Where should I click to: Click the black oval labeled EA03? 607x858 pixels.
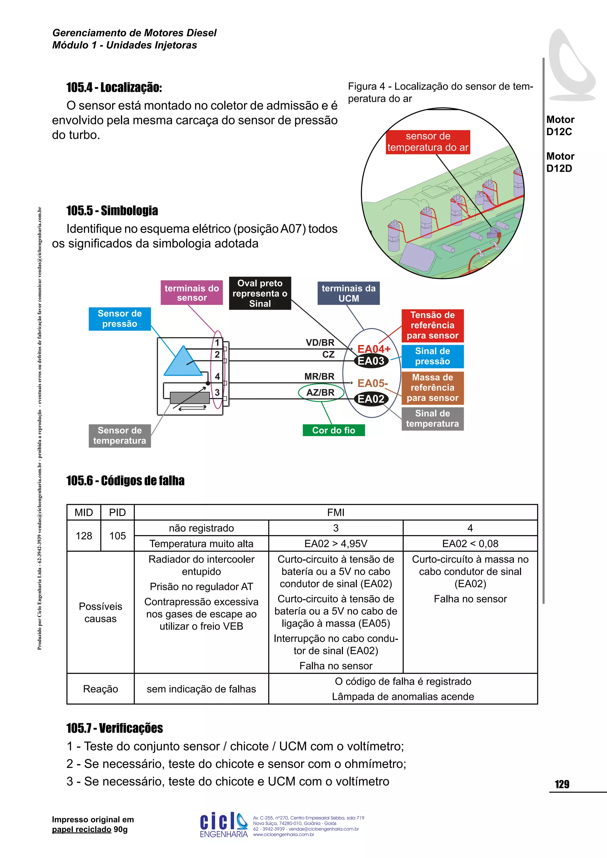pos(371,361)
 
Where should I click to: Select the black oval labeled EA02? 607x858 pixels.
pos(371,399)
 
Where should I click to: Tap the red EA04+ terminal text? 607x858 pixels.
pos(373,349)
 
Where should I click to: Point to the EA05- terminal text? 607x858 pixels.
pos(372,383)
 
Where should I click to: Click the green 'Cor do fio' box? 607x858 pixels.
pos(333,430)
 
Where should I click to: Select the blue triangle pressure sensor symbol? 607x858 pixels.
pos(183,362)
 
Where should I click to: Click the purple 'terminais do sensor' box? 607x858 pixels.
pos(192,293)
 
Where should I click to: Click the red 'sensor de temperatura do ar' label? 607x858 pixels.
pos(428,142)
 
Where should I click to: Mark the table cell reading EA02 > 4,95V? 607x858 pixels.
pos(336,543)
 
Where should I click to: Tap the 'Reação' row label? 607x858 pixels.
pos(100,689)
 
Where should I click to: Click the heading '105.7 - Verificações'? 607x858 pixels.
pos(114,728)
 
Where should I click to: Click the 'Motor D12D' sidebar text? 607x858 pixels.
pos(560,162)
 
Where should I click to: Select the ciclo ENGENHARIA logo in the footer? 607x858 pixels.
pos(223,825)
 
